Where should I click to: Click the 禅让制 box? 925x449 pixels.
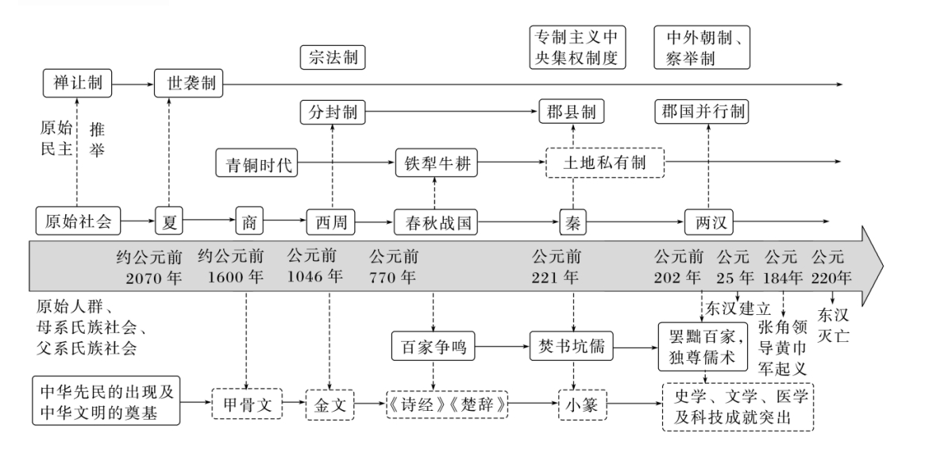76,83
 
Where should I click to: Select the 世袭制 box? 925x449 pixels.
189,83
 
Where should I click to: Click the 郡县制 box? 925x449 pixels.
572,112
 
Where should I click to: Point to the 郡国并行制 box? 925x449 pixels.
702,112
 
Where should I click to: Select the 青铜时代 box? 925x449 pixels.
255,164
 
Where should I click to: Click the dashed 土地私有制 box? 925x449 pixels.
603,164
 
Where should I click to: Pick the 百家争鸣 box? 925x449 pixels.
433,347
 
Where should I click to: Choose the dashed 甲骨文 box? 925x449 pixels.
247,404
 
